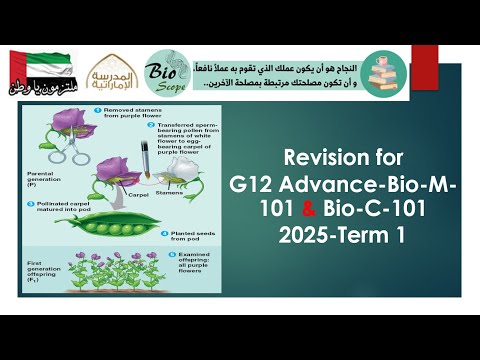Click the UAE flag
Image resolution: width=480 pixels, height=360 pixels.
pyautogui.click(x=36, y=64)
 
